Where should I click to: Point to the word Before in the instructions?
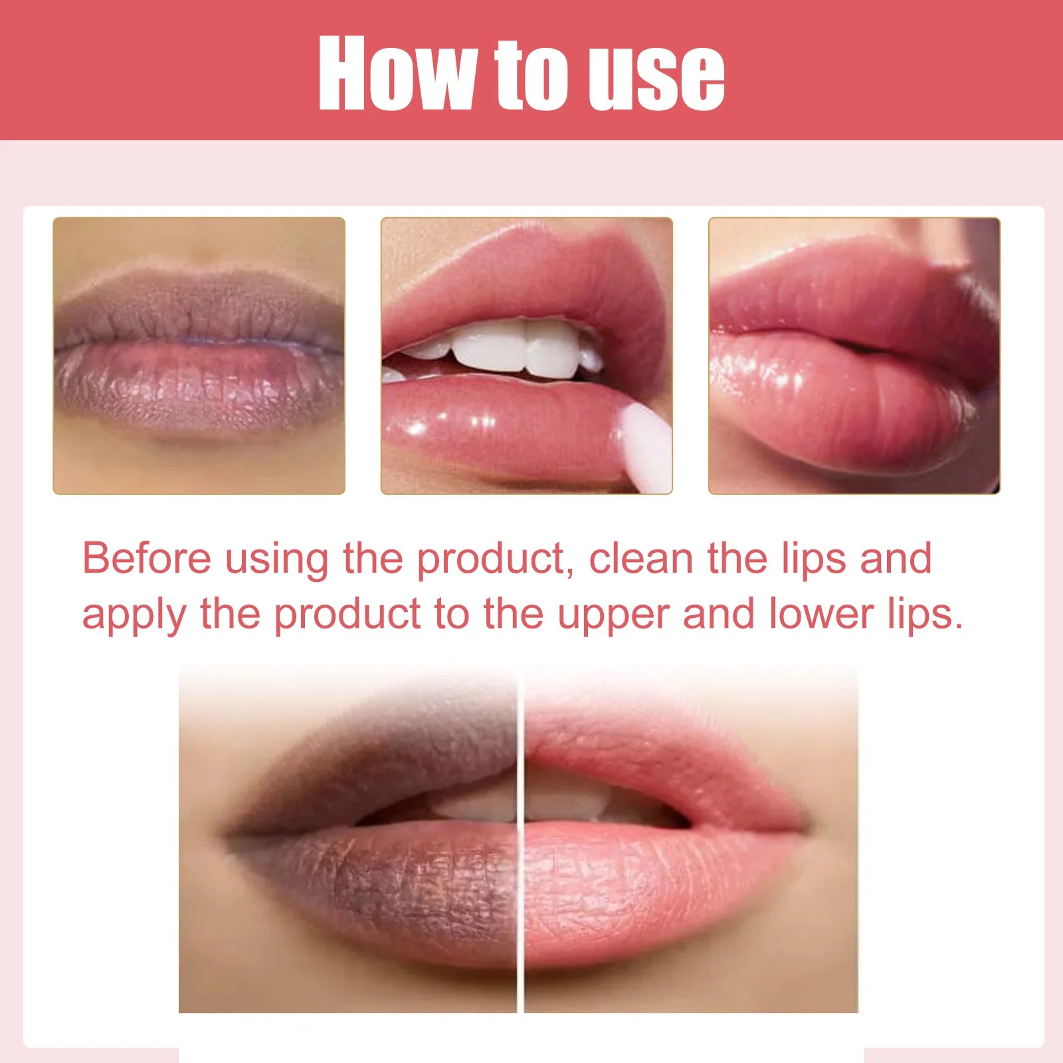(x=146, y=558)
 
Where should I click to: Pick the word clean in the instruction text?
(x=641, y=558)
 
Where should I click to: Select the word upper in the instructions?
(x=613, y=615)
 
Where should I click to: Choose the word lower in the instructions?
(x=821, y=614)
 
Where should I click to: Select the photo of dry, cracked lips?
(x=199, y=355)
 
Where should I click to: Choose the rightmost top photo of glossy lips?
(x=854, y=355)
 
